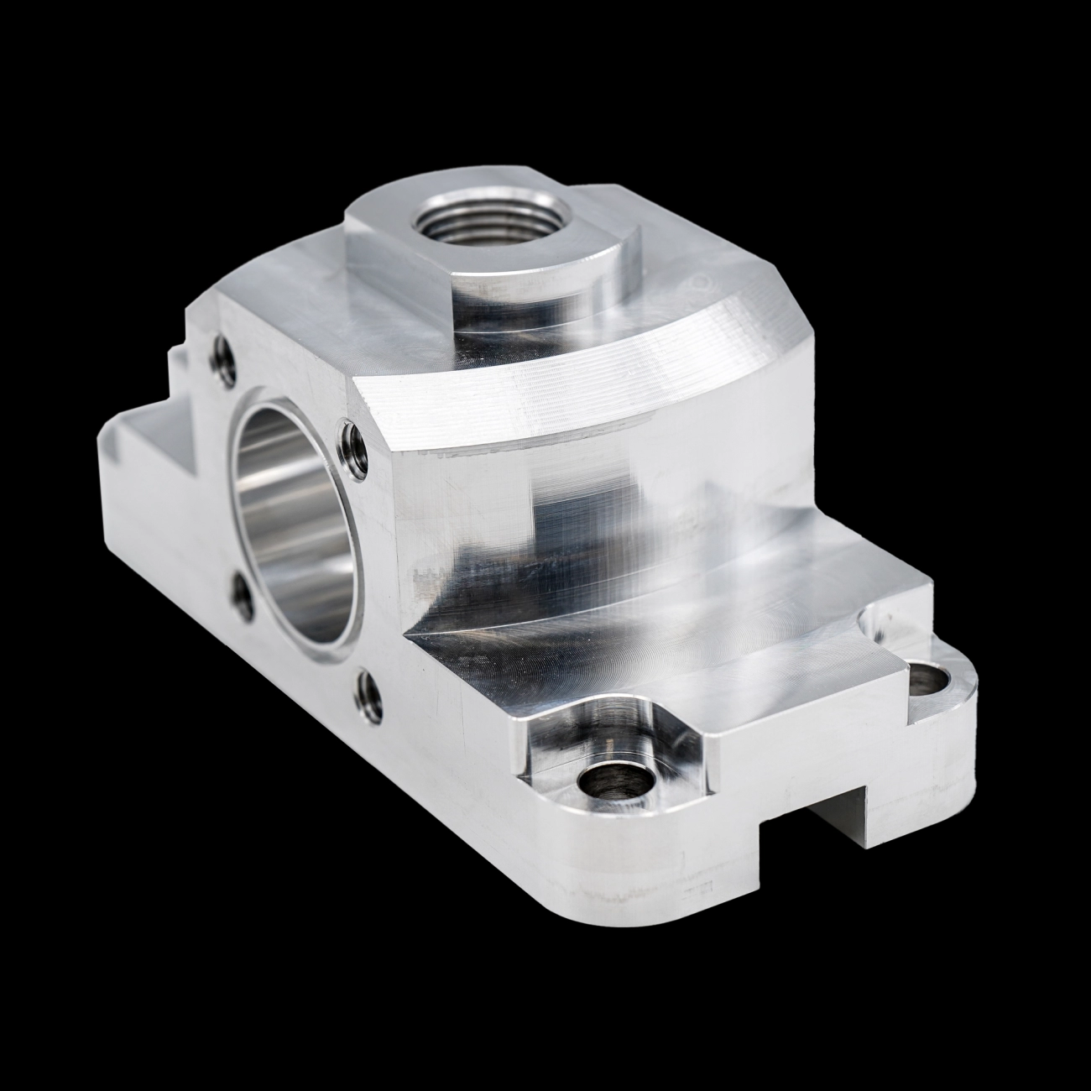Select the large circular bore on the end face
pos(290,520)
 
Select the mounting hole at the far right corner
pos(928,679)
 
